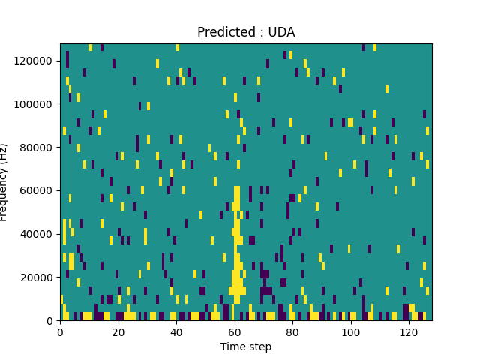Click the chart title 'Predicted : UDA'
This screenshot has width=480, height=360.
click(246, 32)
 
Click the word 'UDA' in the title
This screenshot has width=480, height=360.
click(281, 32)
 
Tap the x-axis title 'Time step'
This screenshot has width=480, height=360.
click(246, 346)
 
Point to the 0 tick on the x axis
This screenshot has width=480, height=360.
click(60, 331)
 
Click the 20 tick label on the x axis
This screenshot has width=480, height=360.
click(118, 331)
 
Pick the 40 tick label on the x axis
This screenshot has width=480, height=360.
click(176, 331)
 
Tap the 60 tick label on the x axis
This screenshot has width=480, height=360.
click(235, 331)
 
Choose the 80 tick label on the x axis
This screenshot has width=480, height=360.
click(292, 331)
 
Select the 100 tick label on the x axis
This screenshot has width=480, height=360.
click(351, 331)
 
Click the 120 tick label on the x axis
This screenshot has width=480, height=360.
click(409, 331)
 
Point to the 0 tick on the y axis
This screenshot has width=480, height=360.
click(50, 321)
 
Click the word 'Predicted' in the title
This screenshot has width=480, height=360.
click(223, 32)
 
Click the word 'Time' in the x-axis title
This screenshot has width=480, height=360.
click(232, 346)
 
